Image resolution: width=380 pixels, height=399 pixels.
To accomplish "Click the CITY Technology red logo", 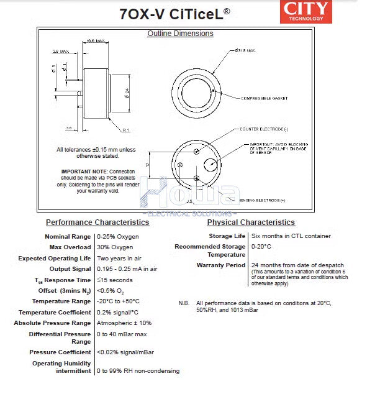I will pos(307,11).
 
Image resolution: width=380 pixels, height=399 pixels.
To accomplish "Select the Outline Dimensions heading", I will pos(180,34).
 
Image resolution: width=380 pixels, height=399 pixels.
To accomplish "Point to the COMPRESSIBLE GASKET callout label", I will pos(264,98).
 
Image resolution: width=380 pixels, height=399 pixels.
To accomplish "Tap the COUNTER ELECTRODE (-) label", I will pos(264,129).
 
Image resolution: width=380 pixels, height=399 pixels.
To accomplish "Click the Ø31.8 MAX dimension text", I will pos(245,50).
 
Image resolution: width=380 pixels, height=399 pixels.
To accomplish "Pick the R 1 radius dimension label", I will pos(125,130).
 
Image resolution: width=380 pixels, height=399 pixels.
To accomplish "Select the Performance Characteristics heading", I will pos(97,222).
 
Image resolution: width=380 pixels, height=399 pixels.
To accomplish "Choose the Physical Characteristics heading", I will pos(251,222).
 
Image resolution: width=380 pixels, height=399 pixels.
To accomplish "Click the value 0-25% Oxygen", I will pos(118,237).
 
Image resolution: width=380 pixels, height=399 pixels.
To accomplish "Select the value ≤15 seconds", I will pos(114,280).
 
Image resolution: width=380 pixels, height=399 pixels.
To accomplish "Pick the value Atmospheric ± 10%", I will pos(124,323).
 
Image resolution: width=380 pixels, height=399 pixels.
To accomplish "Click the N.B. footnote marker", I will pos(184,303).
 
